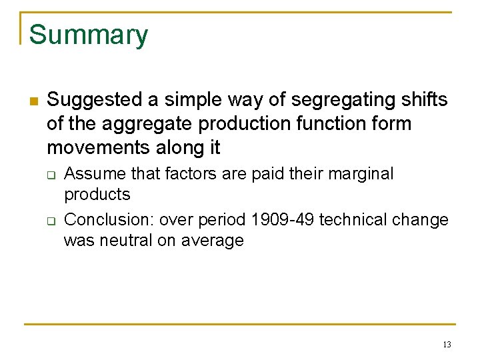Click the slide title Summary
click(x=89, y=35)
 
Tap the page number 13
click(x=447, y=345)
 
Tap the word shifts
click(x=425, y=101)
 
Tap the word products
click(x=97, y=195)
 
